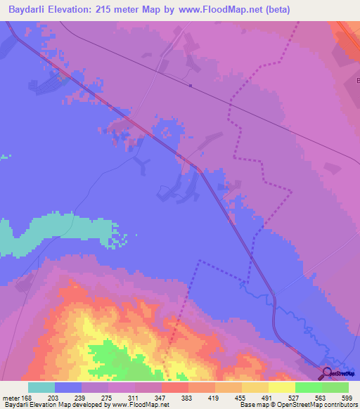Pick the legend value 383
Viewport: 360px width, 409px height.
[188, 398]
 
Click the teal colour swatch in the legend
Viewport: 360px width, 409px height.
[41, 387]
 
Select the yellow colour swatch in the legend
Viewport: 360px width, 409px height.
[281, 387]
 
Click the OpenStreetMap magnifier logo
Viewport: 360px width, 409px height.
[326, 374]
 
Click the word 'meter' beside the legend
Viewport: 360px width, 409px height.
[11, 398]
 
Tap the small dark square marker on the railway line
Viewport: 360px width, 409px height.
[191, 86]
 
